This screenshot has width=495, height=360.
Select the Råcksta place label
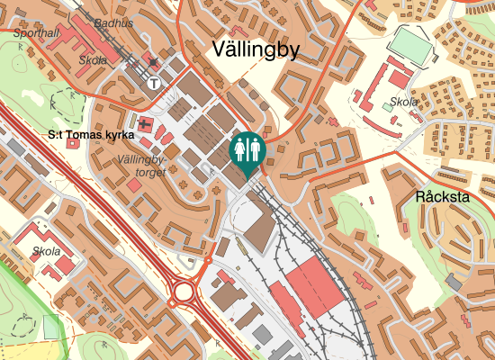[444, 196]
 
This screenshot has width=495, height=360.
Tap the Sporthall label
[38, 33]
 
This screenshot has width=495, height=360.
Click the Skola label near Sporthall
[93, 60]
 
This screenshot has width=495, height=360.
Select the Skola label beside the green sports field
[403, 102]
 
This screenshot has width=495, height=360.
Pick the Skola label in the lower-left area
[46, 251]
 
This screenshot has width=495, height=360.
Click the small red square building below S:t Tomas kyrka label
[133, 185]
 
